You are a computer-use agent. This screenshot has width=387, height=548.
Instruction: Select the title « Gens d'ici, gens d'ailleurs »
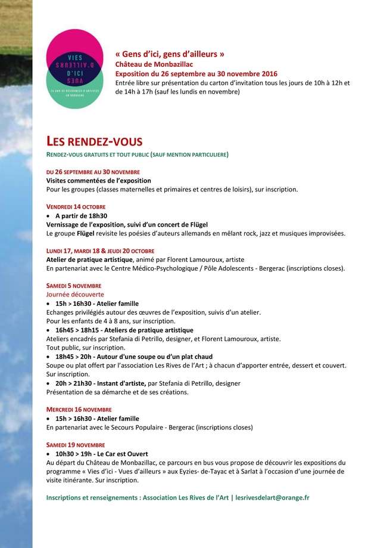(x=170, y=54)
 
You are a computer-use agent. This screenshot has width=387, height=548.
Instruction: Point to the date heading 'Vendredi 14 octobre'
(x=76, y=206)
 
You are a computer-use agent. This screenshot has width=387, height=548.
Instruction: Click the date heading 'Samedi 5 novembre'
(x=74, y=286)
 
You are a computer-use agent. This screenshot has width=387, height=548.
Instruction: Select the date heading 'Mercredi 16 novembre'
(x=79, y=410)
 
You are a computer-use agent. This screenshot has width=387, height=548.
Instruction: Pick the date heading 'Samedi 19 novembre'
(x=76, y=445)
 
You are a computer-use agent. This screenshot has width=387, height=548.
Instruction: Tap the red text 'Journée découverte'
(x=75, y=295)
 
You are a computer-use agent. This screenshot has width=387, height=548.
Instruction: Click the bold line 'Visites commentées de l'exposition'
(x=99, y=180)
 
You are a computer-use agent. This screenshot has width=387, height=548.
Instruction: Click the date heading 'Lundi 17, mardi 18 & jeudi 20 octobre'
(x=100, y=250)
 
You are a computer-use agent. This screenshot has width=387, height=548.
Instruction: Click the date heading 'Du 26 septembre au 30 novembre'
(x=93, y=171)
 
